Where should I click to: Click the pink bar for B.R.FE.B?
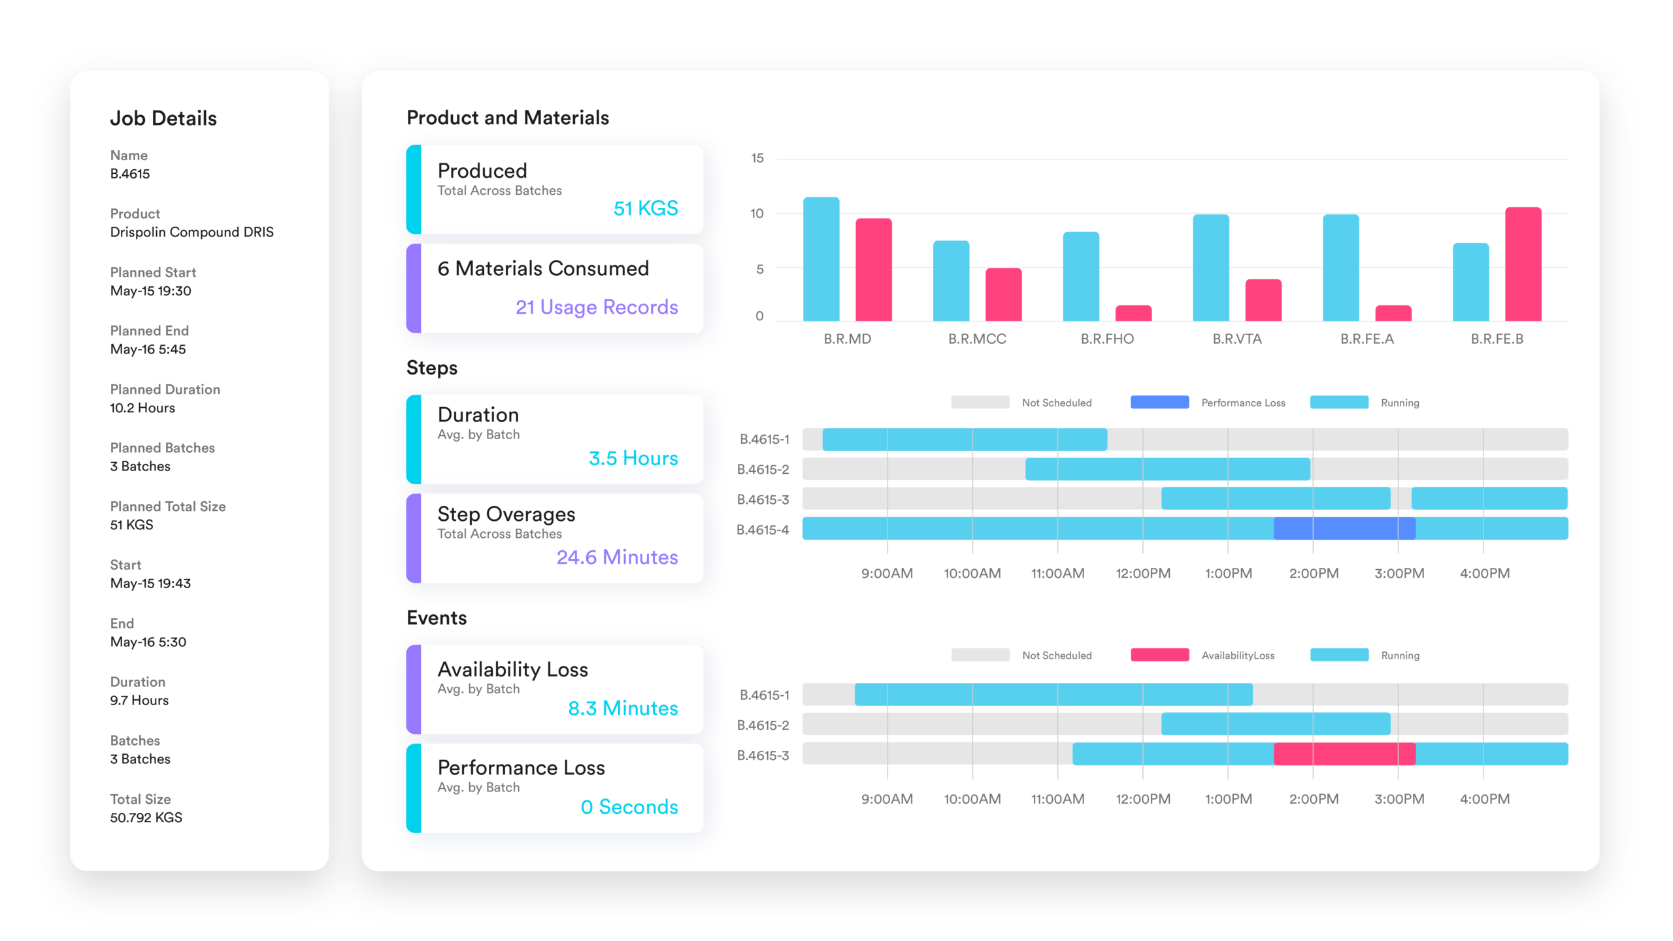click(x=1523, y=264)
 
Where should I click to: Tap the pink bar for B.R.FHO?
click(x=1133, y=313)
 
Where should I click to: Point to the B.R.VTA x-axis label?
click(x=1236, y=339)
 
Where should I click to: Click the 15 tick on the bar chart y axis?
click(x=757, y=158)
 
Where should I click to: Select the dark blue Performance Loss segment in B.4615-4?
click(x=1344, y=529)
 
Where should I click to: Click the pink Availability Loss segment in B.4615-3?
click(x=1344, y=754)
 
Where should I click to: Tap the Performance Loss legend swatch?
click(x=1159, y=403)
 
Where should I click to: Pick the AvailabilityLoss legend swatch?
click(x=1159, y=655)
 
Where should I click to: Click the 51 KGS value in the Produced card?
click(x=645, y=208)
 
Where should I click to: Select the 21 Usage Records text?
click(x=596, y=307)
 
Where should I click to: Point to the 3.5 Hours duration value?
click(x=633, y=458)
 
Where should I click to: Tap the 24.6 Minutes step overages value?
click(x=617, y=557)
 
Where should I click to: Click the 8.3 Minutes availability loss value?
click(x=623, y=708)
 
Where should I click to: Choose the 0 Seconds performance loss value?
click(x=629, y=807)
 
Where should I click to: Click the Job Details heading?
click(x=163, y=118)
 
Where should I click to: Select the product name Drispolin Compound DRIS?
click(x=191, y=233)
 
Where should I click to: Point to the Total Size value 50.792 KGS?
click(x=146, y=817)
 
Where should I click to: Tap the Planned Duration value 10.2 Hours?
click(x=142, y=408)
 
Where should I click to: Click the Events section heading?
click(x=437, y=618)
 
